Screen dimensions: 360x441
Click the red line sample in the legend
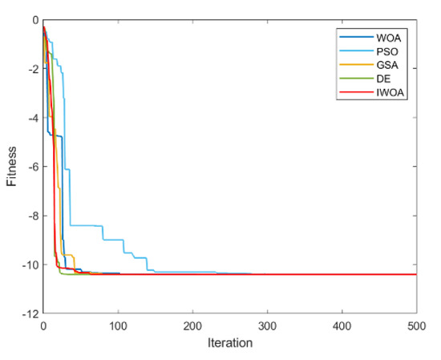click(x=354, y=95)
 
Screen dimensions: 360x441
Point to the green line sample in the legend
click(x=354, y=81)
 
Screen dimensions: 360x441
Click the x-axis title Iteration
click(x=230, y=343)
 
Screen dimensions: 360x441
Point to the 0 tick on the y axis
click(x=33, y=19)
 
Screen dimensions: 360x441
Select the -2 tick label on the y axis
click(x=30, y=69)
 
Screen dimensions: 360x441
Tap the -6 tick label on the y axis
click(x=30, y=167)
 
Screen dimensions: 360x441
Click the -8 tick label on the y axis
click(x=30, y=216)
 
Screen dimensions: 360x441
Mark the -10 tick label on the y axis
click(x=28, y=265)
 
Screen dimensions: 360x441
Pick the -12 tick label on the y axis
click(x=28, y=314)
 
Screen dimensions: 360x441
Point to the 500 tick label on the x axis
click(x=415, y=326)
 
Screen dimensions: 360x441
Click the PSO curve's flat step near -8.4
click(x=85, y=225)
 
